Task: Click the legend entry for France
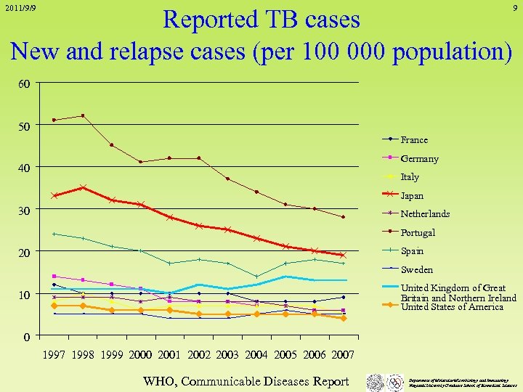414,139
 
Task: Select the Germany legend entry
419,158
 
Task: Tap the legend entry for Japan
412,195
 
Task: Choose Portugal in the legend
418,232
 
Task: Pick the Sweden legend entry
416,269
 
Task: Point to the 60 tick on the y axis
24,83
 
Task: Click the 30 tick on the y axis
24,210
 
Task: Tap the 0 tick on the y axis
27,336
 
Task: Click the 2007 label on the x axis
342,355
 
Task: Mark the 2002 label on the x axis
198,355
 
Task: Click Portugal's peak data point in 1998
83,115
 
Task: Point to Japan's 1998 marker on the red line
83,187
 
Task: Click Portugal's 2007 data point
343,217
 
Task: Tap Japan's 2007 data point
343,255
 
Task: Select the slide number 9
514,9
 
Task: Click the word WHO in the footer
159,380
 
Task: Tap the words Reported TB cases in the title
261,20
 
